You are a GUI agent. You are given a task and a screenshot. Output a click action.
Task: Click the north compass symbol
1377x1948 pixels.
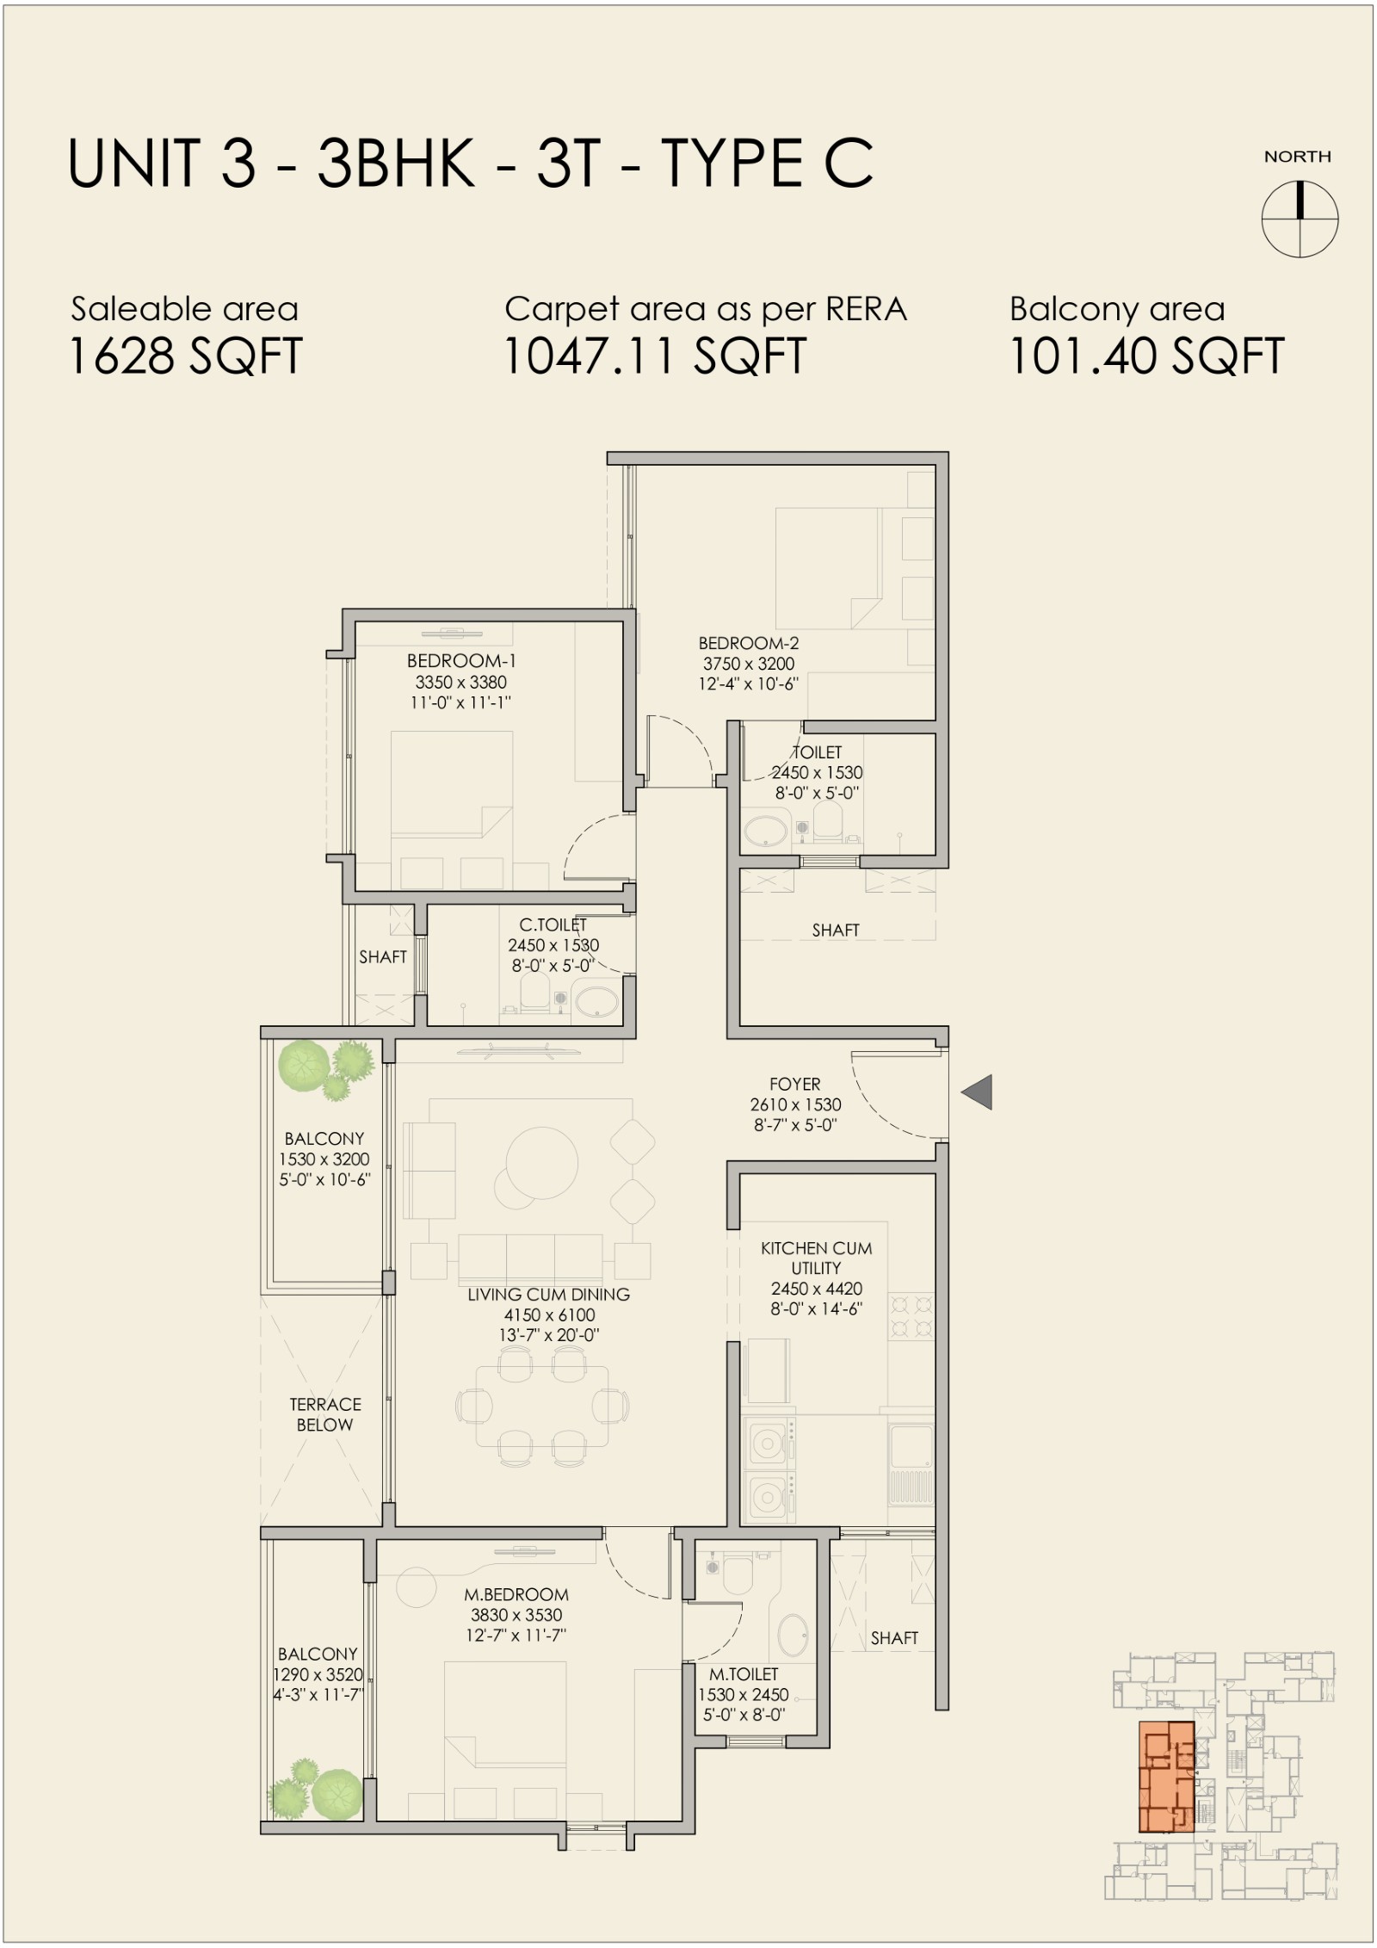[1300, 219]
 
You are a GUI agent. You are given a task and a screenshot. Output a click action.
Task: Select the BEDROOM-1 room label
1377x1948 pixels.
[461, 661]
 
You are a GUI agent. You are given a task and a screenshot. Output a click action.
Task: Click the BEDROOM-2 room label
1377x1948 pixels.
[748, 643]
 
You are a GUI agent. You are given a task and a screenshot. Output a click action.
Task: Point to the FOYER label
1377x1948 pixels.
[795, 1084]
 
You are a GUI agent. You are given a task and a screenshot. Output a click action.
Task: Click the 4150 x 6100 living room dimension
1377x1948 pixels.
[549, 1314]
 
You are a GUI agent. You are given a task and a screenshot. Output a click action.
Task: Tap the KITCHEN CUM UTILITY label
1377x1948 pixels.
[816, 1258]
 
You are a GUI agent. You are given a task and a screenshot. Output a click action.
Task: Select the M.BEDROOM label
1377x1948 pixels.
[516, 1594]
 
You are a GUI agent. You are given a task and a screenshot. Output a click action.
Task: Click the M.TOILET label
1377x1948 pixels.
[744, 1674]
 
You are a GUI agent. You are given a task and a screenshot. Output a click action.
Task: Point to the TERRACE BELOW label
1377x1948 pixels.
[325, 1414]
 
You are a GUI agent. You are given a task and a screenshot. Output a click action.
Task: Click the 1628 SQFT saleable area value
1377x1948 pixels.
[185, 356]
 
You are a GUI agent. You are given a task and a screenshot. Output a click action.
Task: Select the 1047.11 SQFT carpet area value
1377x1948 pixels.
[655, 356]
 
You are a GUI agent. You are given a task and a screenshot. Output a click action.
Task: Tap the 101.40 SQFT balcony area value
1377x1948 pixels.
[1146, 356]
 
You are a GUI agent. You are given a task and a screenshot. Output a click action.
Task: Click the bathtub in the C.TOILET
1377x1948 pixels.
[596, 1003]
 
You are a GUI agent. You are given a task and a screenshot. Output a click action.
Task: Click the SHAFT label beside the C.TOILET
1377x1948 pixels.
[383, 956]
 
